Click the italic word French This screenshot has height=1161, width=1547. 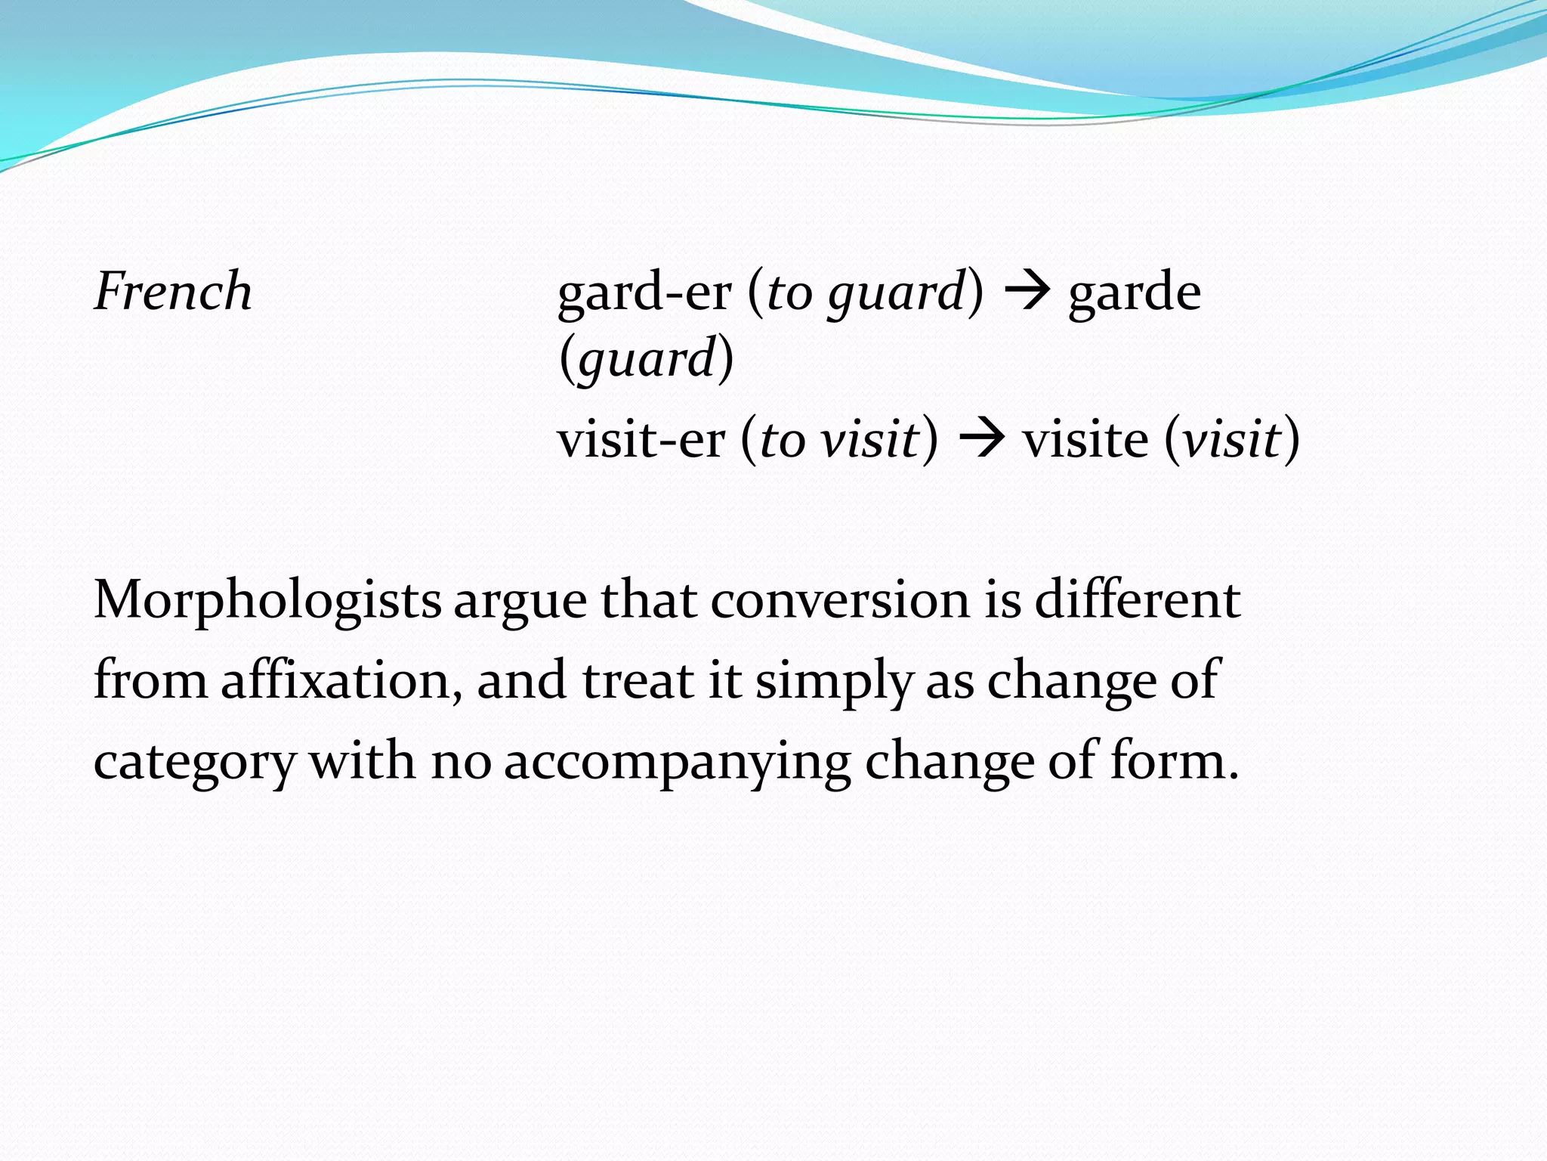[173, 292]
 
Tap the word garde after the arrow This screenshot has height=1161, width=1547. [1134, 293]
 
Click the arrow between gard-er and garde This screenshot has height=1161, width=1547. [1026, 292]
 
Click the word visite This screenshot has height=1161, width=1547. [1085, 440]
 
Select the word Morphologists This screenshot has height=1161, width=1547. [267, 602]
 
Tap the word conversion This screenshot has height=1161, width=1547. [839, 602]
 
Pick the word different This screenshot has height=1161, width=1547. [1137, 602]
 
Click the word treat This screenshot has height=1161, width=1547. [638, 680]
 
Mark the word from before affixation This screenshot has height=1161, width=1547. [150, 680]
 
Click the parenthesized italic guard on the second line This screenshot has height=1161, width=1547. [647, 360]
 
